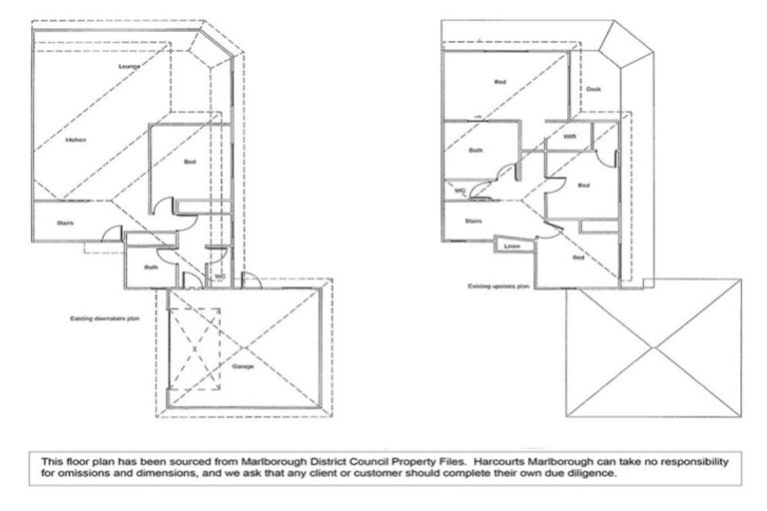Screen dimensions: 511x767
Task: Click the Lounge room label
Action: pyautogui.click(x=127, y=66)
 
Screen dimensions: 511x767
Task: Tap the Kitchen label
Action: pyautogui.click(x=76, y=140)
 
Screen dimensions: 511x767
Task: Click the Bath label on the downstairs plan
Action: pyautogui.click(x=151, y=266)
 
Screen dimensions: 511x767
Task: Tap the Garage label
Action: pyautogui.click(x=244, y=366)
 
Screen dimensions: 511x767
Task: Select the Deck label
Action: pyautogui.click(x=593, y=90)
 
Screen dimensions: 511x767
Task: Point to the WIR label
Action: pyautogui.click(x=569, y=136)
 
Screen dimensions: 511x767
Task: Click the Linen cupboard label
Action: pyautogui.click(x=512, y=245)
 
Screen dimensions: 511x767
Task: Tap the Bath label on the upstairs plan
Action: pyautogui.click(x=476, y=150)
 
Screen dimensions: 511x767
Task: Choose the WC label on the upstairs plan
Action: pyautogui.click(x=460, y=190)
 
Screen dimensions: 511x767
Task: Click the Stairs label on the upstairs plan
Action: pyautogui.click(x=474, y=221)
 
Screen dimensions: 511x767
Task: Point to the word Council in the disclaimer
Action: pyautogui.click(x=292, y=462)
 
